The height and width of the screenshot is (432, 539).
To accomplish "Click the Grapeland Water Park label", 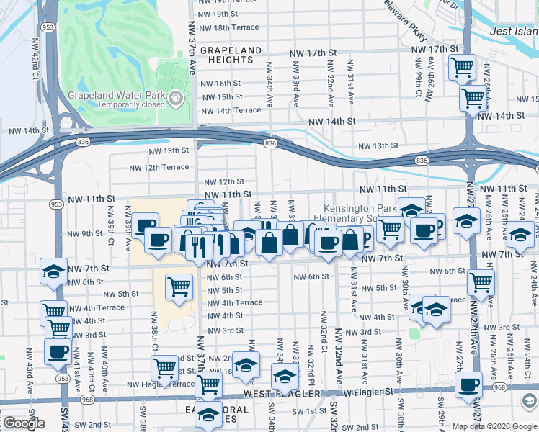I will [117, 95].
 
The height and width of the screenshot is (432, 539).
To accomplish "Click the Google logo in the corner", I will [23, 423].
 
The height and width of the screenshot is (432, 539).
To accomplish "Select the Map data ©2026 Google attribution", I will [494, 426].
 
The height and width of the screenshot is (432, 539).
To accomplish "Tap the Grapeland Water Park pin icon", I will [175, 96].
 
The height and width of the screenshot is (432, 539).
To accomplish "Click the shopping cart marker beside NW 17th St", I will [462, 68].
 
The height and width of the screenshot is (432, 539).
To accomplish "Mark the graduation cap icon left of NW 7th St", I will [53, 271].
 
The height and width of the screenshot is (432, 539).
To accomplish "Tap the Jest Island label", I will [514, 31].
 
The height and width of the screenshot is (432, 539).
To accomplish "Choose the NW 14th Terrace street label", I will [231, 111].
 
